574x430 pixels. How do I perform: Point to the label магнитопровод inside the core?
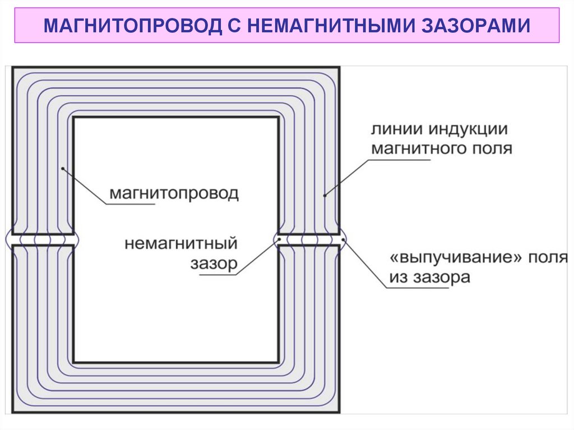[174, 194]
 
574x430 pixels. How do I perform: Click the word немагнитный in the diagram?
[181, 244]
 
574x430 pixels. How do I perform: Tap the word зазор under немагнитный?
[214, 263]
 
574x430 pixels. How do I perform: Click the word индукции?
[469, 130]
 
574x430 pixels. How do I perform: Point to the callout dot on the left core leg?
[63, 167]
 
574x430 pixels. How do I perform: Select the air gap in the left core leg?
[43, 239]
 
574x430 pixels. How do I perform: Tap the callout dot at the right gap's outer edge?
[342, 245]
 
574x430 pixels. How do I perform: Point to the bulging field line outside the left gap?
[7, 239]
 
